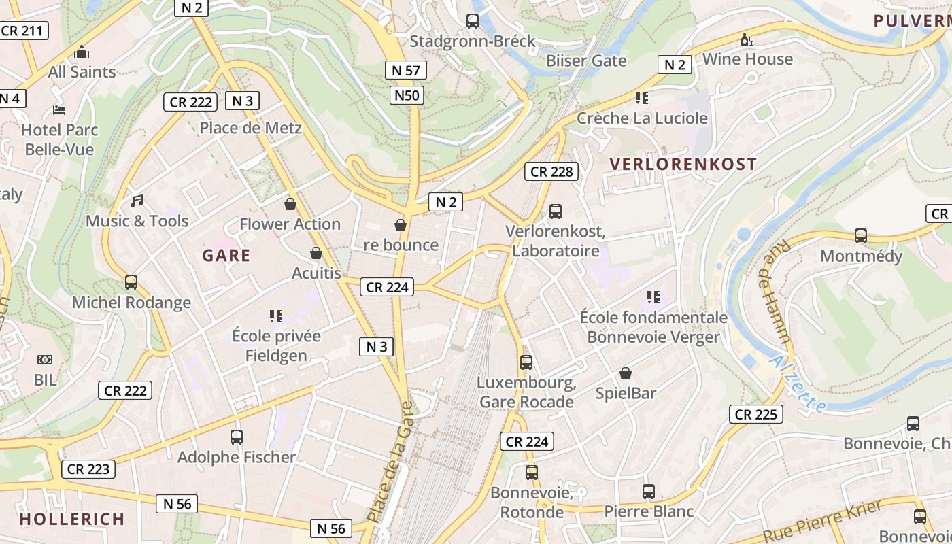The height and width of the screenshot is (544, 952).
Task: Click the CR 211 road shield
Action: coord(22,31)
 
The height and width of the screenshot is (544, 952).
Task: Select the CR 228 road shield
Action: coord(551,171)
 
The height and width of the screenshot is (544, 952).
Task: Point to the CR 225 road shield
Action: coord(756,414)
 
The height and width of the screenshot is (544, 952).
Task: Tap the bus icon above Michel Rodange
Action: coord(131,282)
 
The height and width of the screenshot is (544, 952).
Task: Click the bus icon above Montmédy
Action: coord(861,236)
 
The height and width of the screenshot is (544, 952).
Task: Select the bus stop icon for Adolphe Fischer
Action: coord(237,437)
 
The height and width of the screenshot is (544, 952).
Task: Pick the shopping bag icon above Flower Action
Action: coord(290,204)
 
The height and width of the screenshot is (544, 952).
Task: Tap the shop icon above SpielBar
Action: coord(626,373)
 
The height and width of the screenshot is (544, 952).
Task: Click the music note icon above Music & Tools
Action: coord(137,201)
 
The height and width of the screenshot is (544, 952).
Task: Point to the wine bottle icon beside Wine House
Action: coord(747,40)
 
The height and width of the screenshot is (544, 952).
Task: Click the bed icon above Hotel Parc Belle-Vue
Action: coord(59,109)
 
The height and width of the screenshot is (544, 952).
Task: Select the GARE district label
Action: coord(226,256)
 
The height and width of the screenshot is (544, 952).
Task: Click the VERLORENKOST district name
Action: coord(683,164)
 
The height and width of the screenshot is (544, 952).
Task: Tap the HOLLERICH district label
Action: coord(72,519)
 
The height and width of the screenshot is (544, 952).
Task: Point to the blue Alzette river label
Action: coord(799,384)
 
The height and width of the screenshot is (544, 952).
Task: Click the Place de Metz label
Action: coord(250,127)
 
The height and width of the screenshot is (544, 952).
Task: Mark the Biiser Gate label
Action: coord(586,61)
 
